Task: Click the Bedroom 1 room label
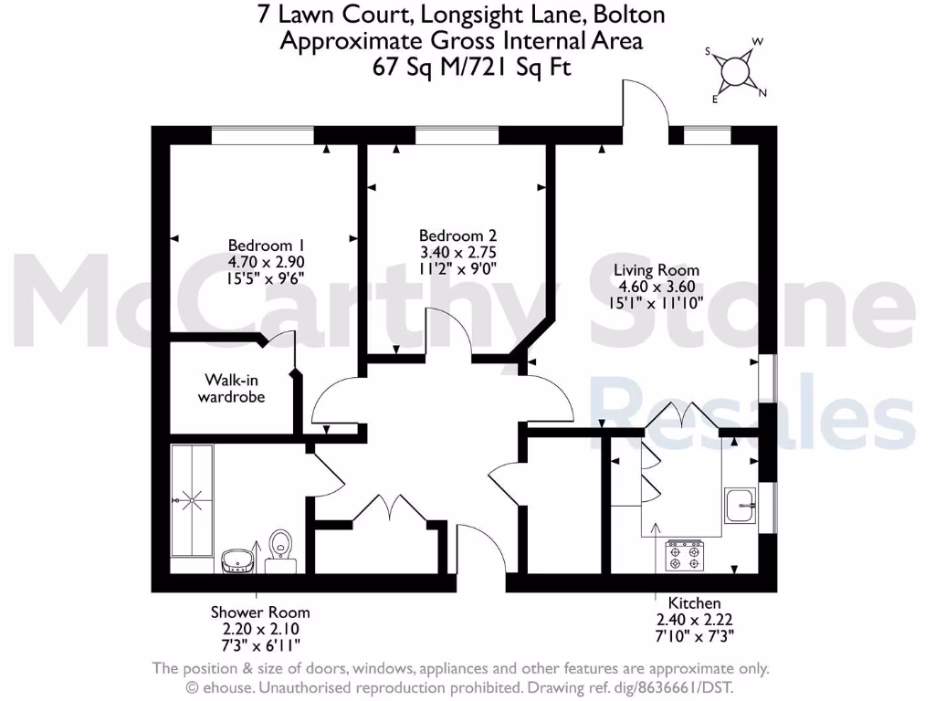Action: [265, 245]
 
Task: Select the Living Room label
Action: [656, 270]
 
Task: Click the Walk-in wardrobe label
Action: [233, 388]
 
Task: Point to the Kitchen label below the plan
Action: [694, 603]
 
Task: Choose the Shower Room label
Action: [259, 612]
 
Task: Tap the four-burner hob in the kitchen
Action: [684, 555]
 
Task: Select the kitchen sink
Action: [740, 503]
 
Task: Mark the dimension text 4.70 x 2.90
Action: [265, 261]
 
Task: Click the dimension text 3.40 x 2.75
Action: [457, 252]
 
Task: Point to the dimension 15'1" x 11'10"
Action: [656, 303]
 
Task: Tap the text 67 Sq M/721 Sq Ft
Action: [472, 67]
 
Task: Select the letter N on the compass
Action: [762, 92]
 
